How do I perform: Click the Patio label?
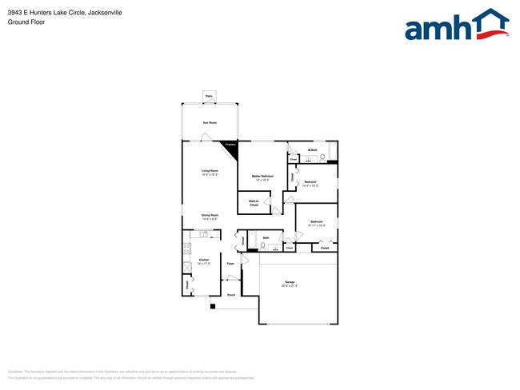209,96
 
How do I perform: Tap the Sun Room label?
210,123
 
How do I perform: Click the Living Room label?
210,171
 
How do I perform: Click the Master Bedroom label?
262,176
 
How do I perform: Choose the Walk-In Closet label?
254,203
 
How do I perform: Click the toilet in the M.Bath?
322,157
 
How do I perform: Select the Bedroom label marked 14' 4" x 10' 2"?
310,183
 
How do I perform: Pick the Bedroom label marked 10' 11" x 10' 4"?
316,222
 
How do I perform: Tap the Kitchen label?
203,261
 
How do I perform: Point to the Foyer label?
230,263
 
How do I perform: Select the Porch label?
230,295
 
